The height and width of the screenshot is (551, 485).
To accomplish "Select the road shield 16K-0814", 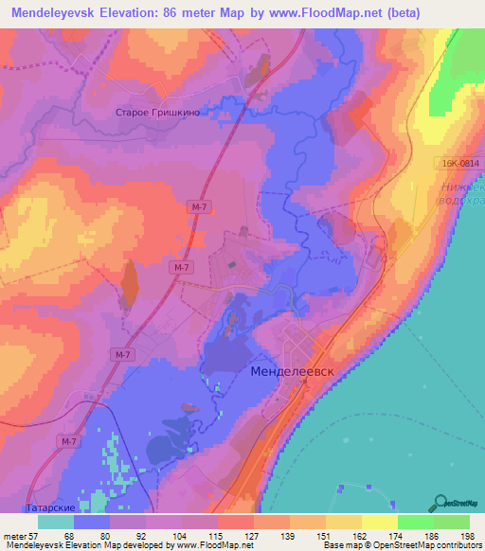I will [459, 164].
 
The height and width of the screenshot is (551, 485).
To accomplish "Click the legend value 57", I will [37, 535].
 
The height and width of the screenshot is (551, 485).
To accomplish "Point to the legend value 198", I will [468, 535].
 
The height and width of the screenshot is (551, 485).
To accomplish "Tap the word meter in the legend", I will [14, 535].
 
